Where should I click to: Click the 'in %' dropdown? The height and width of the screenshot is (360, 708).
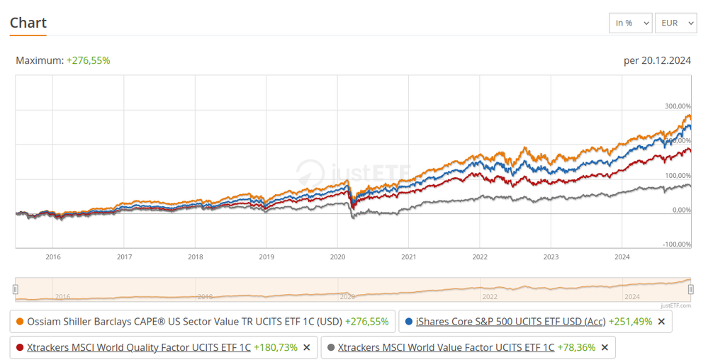coord(630,23)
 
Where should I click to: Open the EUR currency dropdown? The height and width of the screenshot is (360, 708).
coord(675,23)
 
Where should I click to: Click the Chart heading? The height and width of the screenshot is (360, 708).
coord(28,23)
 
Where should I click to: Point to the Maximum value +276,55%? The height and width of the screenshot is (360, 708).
coord(88,60)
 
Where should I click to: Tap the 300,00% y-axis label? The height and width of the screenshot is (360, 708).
coord(678,106)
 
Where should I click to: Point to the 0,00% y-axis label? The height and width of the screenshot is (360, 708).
coord(681,210)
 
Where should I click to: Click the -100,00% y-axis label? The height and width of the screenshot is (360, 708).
coord(677,244)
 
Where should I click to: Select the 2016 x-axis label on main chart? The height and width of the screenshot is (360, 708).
coord(53,257)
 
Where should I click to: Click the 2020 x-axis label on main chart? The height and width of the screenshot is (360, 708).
coord(337,257)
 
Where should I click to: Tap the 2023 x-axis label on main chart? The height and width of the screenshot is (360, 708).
coord(551,257)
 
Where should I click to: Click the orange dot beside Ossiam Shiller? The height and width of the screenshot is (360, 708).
coord(20,322)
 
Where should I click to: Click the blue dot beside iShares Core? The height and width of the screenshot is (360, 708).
coord(409,322)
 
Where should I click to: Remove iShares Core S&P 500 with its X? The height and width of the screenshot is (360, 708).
coord(661,322)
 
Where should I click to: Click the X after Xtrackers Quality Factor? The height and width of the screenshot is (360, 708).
coord(307,347)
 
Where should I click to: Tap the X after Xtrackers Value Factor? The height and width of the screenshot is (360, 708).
coord(605,347)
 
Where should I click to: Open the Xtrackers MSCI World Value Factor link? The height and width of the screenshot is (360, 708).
coord(446,347)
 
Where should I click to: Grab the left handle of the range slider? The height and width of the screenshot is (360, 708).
coord(16,288)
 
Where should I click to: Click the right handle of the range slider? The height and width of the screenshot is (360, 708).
coord(691,288)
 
